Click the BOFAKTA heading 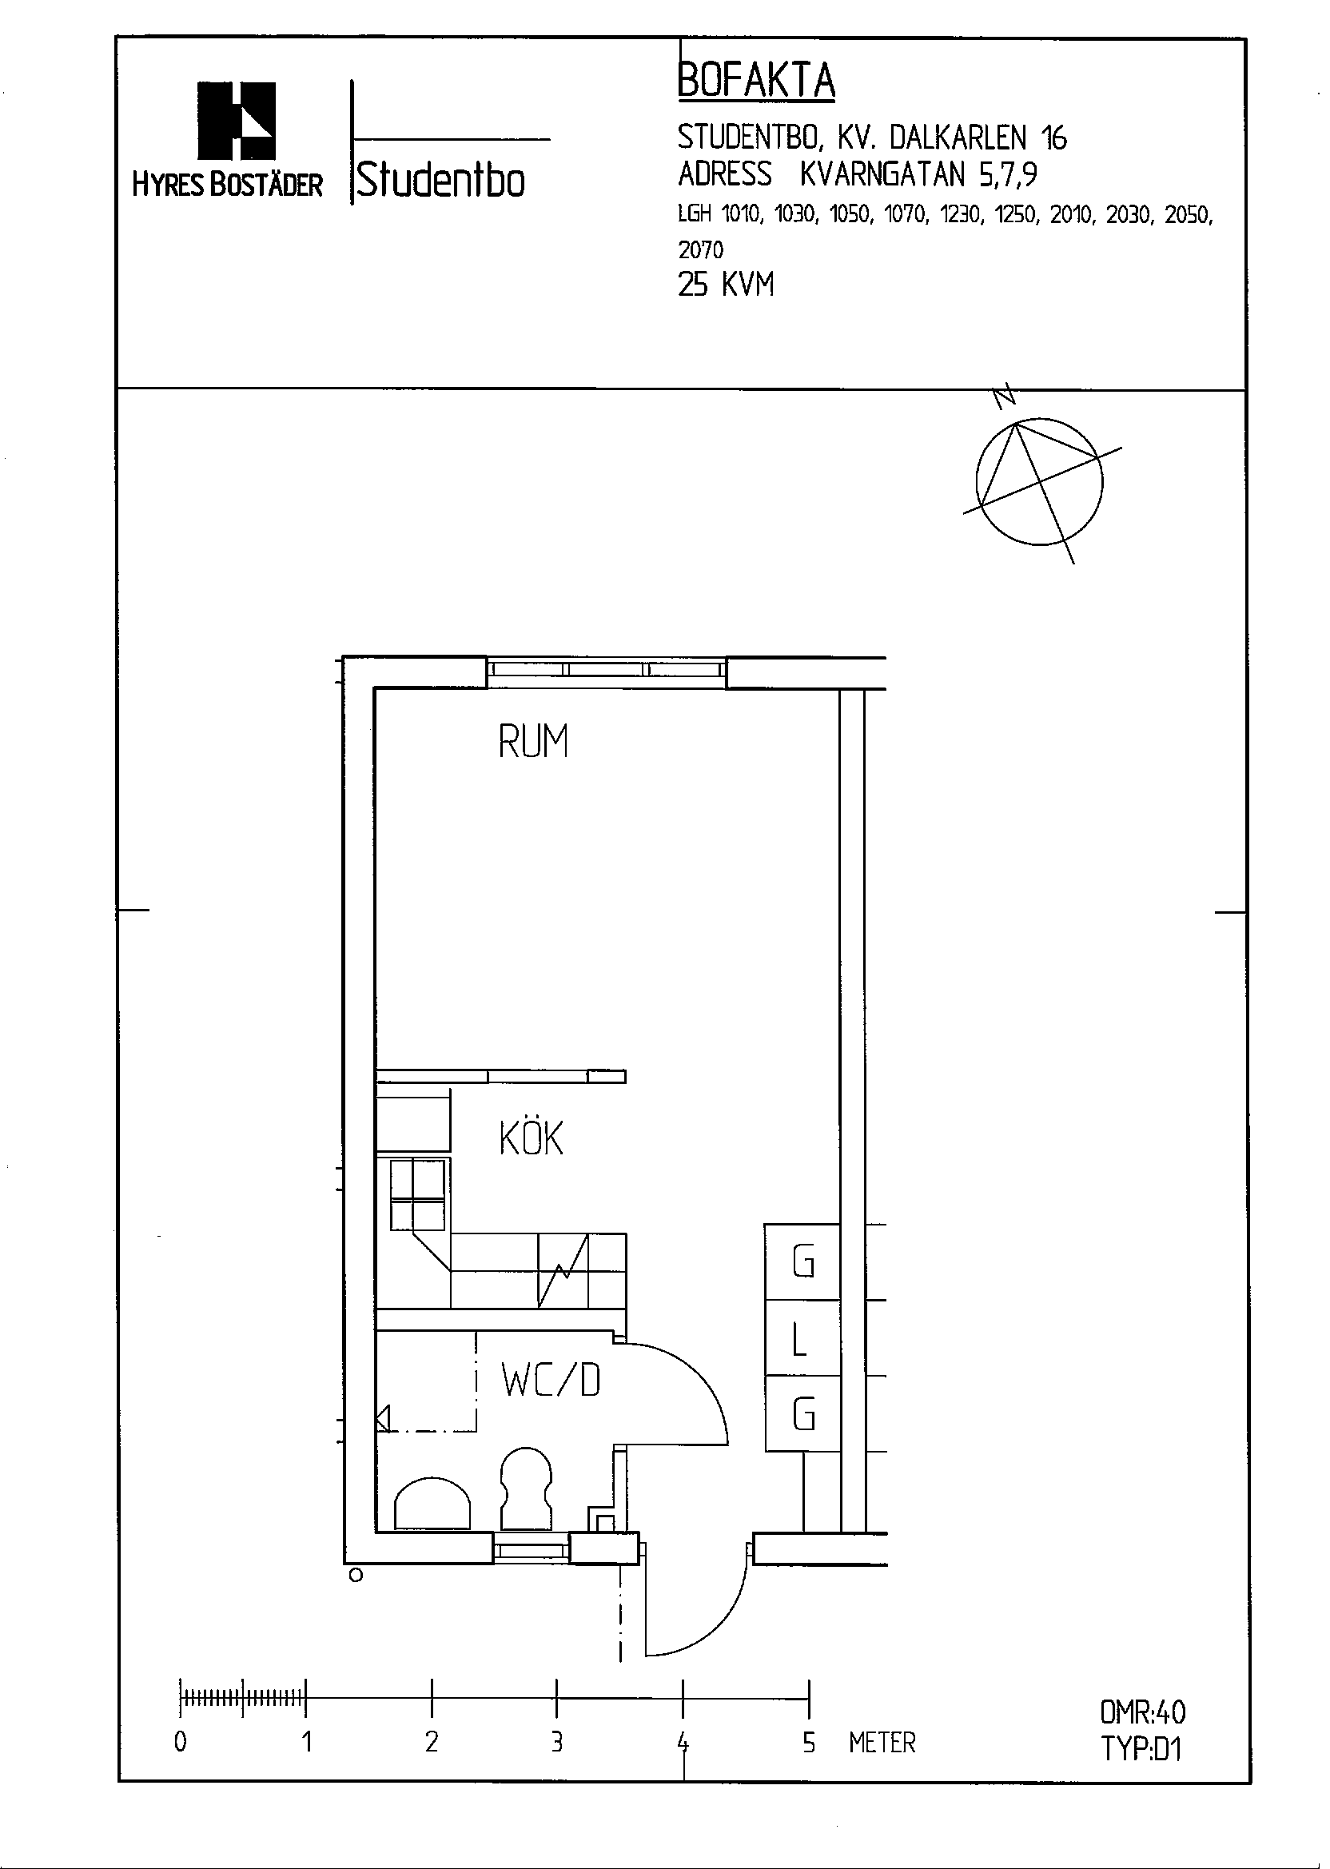pyautogui.click(x=757, y=80)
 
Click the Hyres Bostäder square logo pyautogui.click(x=237, y=121)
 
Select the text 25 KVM pyautogui.click(x=726, y=285)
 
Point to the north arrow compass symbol pyautogui.click(x=1040, y=481)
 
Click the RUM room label pyautogui.click(x=533, y=741)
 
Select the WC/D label pyautogui.click(x=552, y=1380)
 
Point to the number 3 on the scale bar pyautogui.click(x=557, y=1742)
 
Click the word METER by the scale pyautogui.click(x=882, y=1742)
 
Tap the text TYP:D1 pyautogui.click(x=1141, y=1748)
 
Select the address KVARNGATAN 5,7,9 pyautogui.click(x=918, y=173)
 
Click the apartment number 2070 pyautogui.click(x=700, y=249)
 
